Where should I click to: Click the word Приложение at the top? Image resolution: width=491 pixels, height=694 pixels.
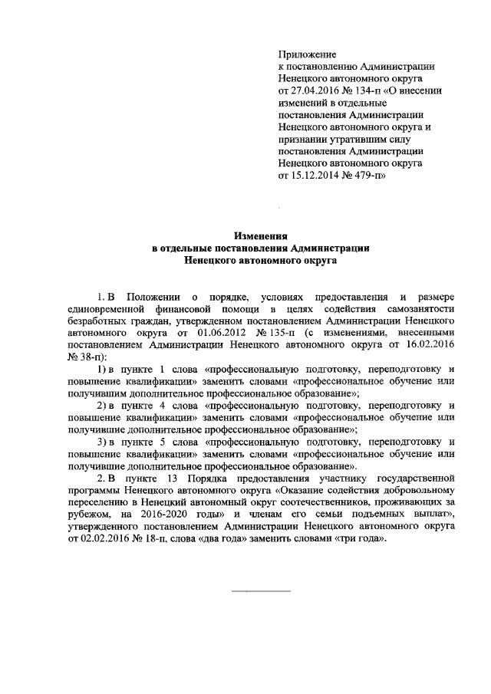[307, 55]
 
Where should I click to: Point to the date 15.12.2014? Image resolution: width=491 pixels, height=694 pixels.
[316, 175]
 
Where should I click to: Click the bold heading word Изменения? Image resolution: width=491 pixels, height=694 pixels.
[260, 237]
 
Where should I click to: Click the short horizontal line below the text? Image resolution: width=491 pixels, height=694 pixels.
[260, 591]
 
